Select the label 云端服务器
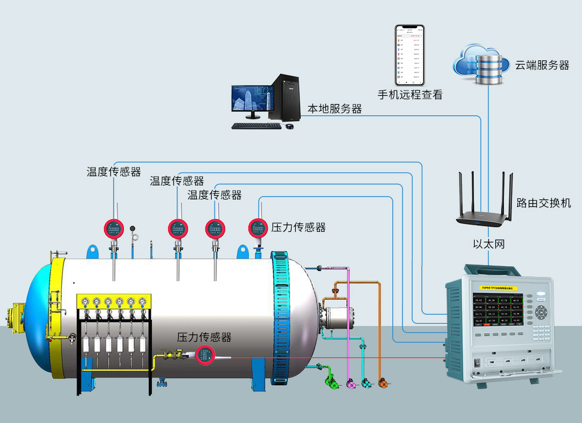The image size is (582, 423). tap(542, 65)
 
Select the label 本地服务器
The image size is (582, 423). tap(334, 109)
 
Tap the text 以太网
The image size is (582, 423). tap(489, 244)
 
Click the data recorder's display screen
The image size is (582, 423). tap(497, 310)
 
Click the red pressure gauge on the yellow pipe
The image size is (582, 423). tap(205, 354)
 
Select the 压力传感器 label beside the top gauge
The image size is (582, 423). tap(298, 227)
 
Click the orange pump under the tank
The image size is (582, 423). tap(383, 384)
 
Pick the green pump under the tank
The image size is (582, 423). tap(330, 384)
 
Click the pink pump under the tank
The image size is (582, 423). tap(350, 384)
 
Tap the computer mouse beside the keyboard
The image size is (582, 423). tap(289, 126)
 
